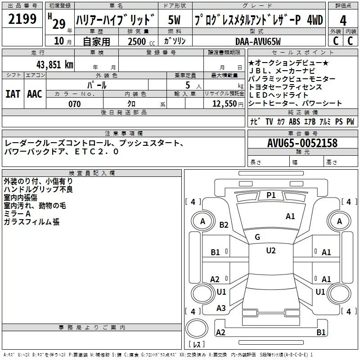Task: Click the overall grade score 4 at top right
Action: click(343, 20)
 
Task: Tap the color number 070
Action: click(74, 104)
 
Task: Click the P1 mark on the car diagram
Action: click(270, 195)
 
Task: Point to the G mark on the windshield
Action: click(257, 237)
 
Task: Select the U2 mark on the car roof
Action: click(270, 251)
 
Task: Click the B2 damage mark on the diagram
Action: click(224, 225)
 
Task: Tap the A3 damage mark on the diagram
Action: click(221, 308)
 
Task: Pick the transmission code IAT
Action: click(13, 94)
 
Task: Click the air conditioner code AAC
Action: click(35, 94)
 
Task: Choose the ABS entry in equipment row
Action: click(294, 121)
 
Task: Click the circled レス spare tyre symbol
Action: click(197, 333)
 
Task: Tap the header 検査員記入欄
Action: click(92, 173)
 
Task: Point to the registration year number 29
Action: click(59, 24)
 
